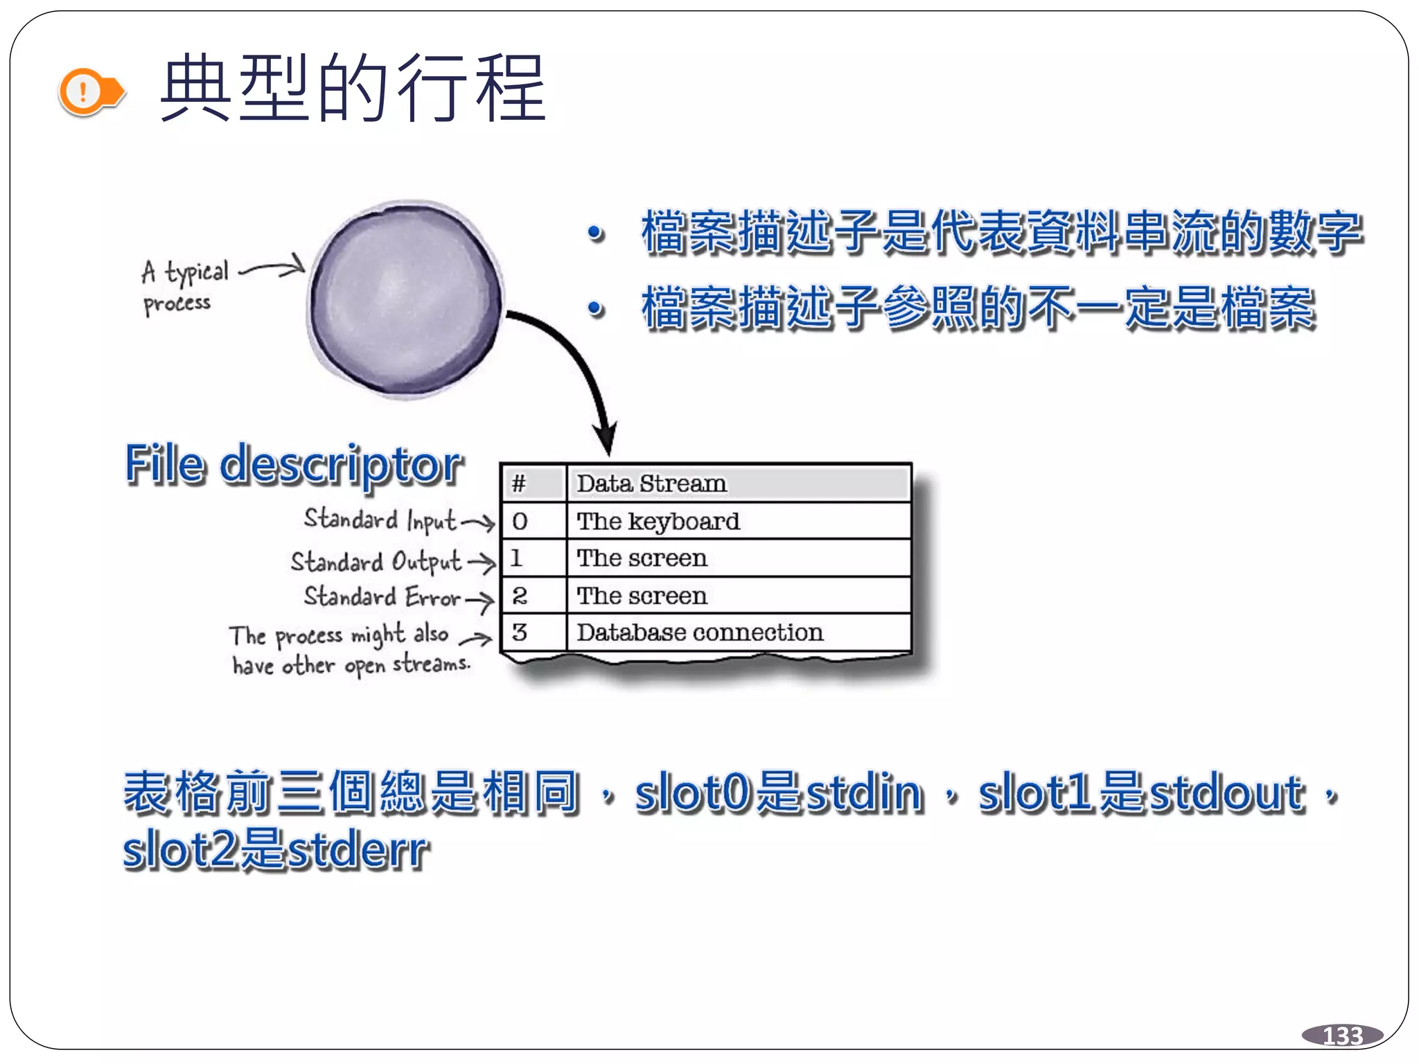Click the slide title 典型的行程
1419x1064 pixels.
(x=353, y=89)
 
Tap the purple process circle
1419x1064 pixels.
(x=406, y=299)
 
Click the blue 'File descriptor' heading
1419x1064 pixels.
(x=294, y=464)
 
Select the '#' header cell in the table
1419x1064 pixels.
(x=532, y=484)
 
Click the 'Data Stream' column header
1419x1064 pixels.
(x=737, y=484)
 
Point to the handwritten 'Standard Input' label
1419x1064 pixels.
(x=380, y=520)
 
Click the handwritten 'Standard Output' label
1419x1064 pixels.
(x=376, y=561)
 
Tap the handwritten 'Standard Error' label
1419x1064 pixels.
(x=382, y=597)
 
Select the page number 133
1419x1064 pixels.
(x=1342, y=1036)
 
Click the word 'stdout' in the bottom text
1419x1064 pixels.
(x=1227, y=792)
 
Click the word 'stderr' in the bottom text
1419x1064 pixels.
(x=358, y=850)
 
